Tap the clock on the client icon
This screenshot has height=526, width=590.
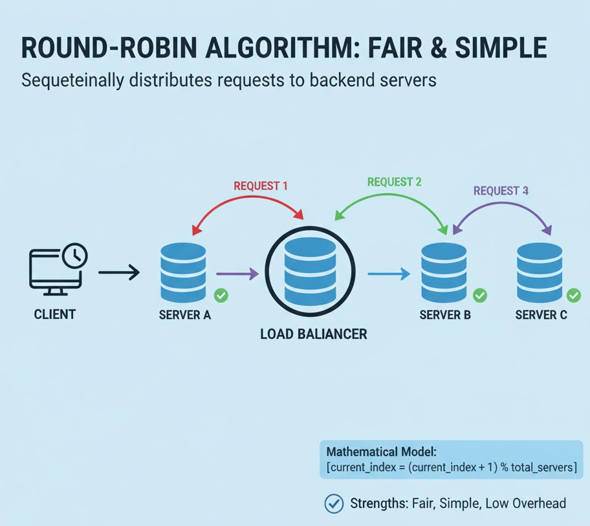point(76,254)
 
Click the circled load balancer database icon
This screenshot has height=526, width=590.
point(310,272)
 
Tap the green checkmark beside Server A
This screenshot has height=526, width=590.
point(221,296)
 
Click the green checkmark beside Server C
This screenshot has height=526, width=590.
point(574,296)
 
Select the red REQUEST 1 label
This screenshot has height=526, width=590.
point(261,186)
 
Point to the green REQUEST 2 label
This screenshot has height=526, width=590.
point(394,182)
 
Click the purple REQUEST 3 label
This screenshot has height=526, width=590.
point(501,191)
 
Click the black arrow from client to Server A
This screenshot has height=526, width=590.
point(119,272)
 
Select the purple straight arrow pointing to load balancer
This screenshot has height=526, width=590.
point(237,274)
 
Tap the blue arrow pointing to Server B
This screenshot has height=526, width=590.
point(389,274)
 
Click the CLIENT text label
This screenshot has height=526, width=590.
point(55,315)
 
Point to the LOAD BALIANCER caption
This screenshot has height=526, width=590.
point(314,334)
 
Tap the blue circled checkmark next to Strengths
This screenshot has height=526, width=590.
point(333,503)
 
